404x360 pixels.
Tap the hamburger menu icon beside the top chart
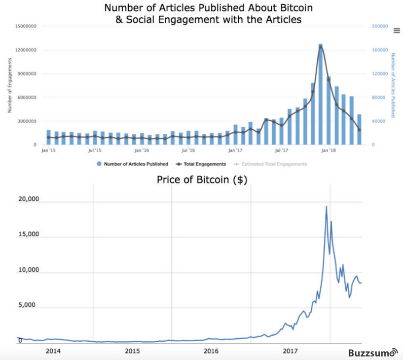397,30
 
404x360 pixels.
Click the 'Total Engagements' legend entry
202,164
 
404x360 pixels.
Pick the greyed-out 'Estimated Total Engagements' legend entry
272,164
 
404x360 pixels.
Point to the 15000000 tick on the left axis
24,26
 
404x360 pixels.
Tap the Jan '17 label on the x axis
235,151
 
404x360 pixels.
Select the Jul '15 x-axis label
95,151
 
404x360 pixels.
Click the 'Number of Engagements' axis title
10,85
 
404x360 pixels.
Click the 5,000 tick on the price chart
27,306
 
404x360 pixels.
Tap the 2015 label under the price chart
132,351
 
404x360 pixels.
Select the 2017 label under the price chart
290,351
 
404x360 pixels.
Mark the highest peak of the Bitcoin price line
326,206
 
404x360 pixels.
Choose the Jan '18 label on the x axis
329,151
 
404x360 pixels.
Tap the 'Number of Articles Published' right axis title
393,85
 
